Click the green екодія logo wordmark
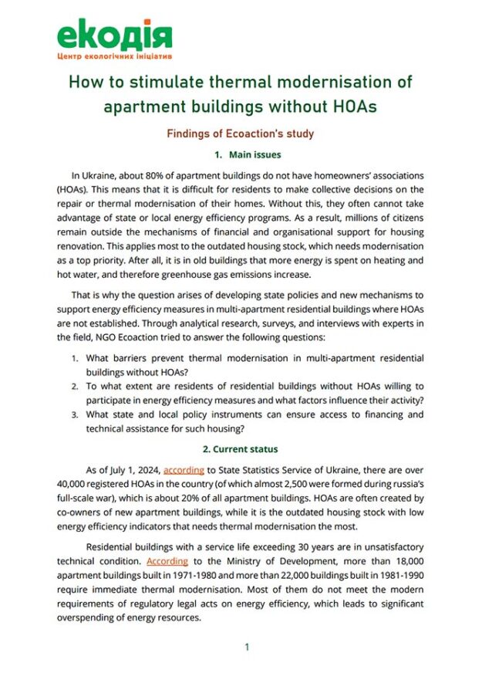click(x=113, y=34)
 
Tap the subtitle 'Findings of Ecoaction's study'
click(x=240, y=134)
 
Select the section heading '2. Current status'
click(x=240, y=448)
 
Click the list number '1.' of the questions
click(x=76, y=359)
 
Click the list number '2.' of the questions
click(x=76, y=387)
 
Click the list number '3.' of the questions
click(x=76, y=414)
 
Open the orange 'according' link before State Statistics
click(x=184, y=470)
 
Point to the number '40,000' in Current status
click(x=74, y=484)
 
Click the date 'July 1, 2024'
click(x=133, y=470)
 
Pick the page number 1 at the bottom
click(x=247, y=647)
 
